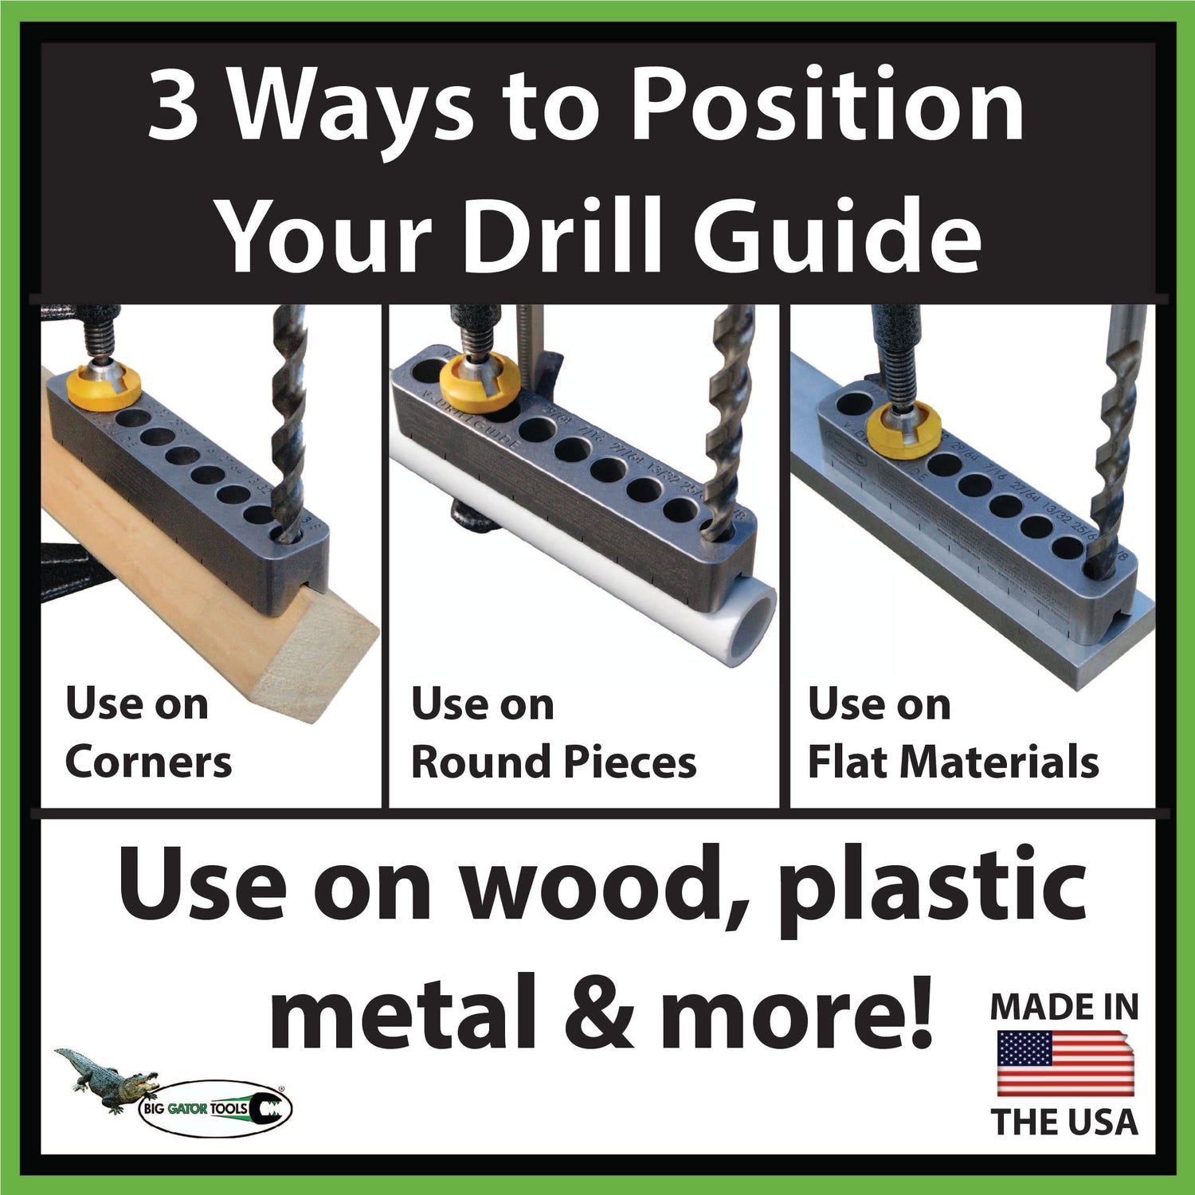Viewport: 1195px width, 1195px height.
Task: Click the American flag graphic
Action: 1065,1064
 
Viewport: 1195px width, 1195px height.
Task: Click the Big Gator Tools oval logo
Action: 215,1108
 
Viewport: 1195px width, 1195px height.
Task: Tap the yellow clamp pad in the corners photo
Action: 104,388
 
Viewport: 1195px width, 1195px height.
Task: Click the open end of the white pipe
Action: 753,621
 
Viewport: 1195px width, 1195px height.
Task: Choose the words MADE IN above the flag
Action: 1064,1007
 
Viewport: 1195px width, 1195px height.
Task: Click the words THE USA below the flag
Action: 1065,1122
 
